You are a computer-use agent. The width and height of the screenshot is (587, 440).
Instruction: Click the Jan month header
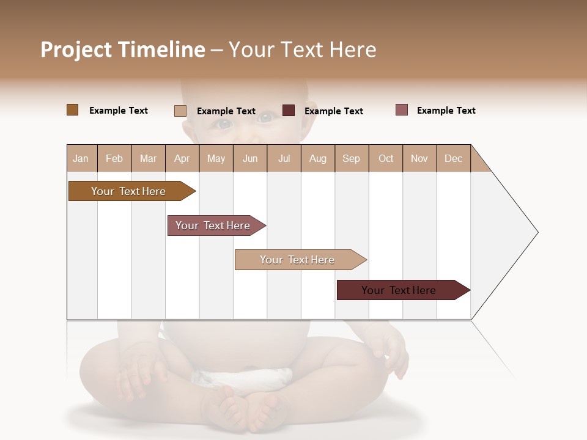coord(81,158)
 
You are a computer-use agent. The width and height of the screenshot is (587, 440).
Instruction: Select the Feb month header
coord(114,158)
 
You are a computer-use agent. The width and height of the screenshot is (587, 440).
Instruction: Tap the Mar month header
coord(148,158)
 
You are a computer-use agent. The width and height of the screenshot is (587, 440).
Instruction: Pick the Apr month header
coord(182,158)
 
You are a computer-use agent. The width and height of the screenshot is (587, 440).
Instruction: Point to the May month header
coord(216,158)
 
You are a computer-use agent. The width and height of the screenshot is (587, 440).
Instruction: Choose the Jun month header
coord(250,158)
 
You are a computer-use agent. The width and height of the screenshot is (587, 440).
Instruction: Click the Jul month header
coord(284,158)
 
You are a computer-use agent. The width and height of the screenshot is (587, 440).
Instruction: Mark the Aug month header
coord(318,158)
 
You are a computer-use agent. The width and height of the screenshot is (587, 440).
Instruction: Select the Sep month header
coord(352,158)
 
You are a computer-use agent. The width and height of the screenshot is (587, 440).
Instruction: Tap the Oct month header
coord(386,158)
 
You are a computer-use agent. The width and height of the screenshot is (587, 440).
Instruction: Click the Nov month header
coord(419,158)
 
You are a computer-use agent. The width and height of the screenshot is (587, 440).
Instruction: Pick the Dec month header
coord(454,158)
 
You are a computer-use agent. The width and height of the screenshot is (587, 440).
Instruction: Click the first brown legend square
coord(72,110)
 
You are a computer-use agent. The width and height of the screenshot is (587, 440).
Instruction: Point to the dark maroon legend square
coord(289,111)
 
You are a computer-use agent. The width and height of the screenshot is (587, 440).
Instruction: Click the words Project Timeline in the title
coord(123,50)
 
